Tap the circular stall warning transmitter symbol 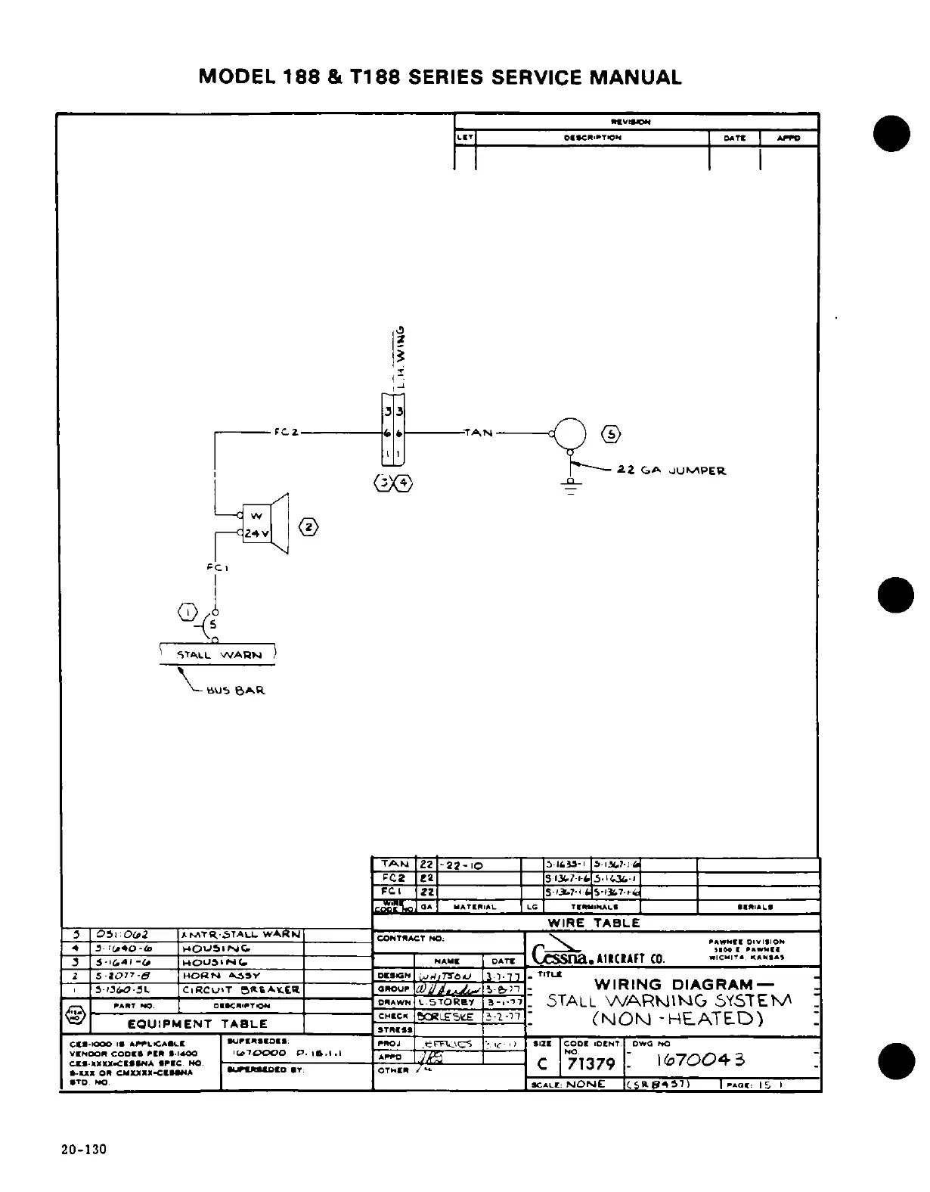571,433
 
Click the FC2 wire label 287,433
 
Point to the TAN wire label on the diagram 479,433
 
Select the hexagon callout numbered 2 309,527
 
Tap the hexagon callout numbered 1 186,611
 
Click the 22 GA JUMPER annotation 671,470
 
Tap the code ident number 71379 591,1064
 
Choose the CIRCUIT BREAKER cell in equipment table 241,989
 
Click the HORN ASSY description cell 241,976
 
